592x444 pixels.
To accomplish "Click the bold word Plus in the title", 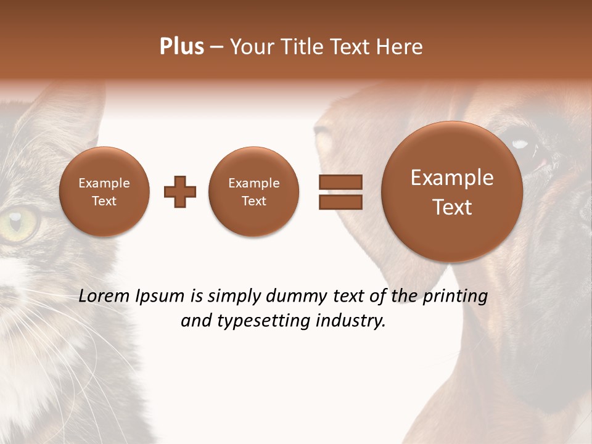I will [x=181, y=47].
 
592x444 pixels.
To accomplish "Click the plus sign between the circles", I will [x=180, y=191].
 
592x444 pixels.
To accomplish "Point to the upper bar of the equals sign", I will [x=340, y=182].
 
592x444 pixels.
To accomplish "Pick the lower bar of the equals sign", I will [x=340, y=202].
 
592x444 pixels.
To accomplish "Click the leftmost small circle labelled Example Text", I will [x=104, y=192].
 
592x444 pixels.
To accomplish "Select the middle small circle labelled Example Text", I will [x=254, y=192].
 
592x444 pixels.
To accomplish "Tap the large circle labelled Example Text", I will [x=452, y=192].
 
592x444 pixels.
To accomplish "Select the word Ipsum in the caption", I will [x=161, y=297].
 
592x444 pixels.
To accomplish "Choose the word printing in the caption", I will [x=455, y=297].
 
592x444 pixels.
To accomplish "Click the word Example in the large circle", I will [x=452, y=178].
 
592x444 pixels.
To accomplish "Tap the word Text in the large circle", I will [x=452, y=207].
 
